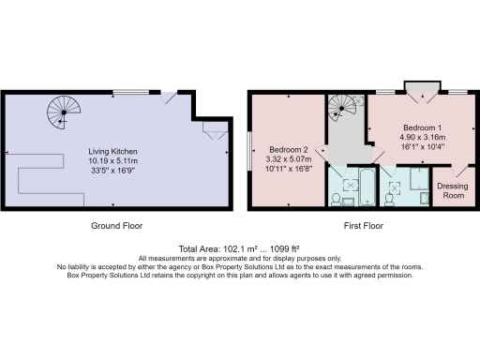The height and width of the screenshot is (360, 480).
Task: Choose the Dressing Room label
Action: [x=453, y=190]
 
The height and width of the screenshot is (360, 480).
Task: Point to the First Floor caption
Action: [x=360, y=226]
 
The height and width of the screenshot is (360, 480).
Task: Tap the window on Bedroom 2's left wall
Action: [x=249, y=151]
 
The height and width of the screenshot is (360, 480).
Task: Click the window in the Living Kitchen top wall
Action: [x=127, y=91]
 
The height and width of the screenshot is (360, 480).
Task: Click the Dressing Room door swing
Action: [x=459, y=170]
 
